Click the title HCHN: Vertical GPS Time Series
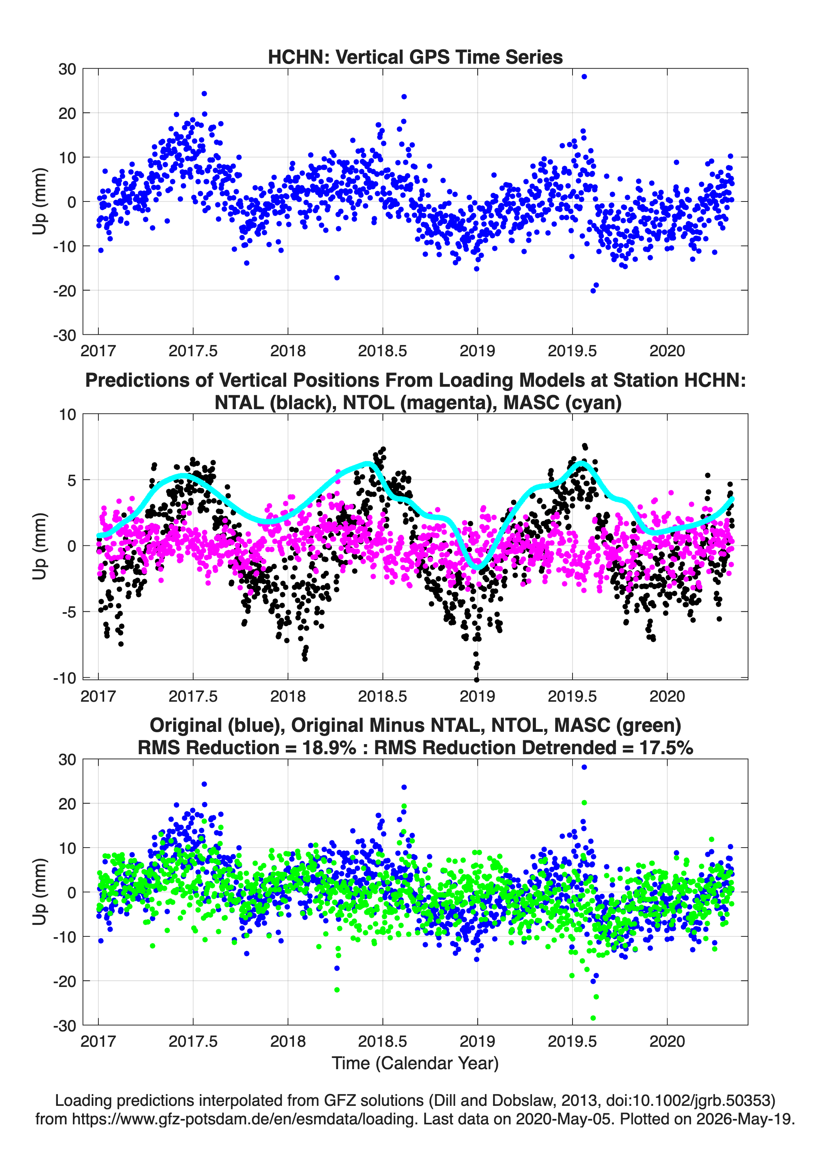415,57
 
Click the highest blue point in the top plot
584,77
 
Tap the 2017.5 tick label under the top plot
193,351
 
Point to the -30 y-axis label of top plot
65,335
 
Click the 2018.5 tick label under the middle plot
383,696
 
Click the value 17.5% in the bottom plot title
666,748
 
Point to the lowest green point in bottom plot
593,1018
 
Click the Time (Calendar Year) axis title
415,1063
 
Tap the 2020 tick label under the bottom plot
667,1041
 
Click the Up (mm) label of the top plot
40,201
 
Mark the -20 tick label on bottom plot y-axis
65,982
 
